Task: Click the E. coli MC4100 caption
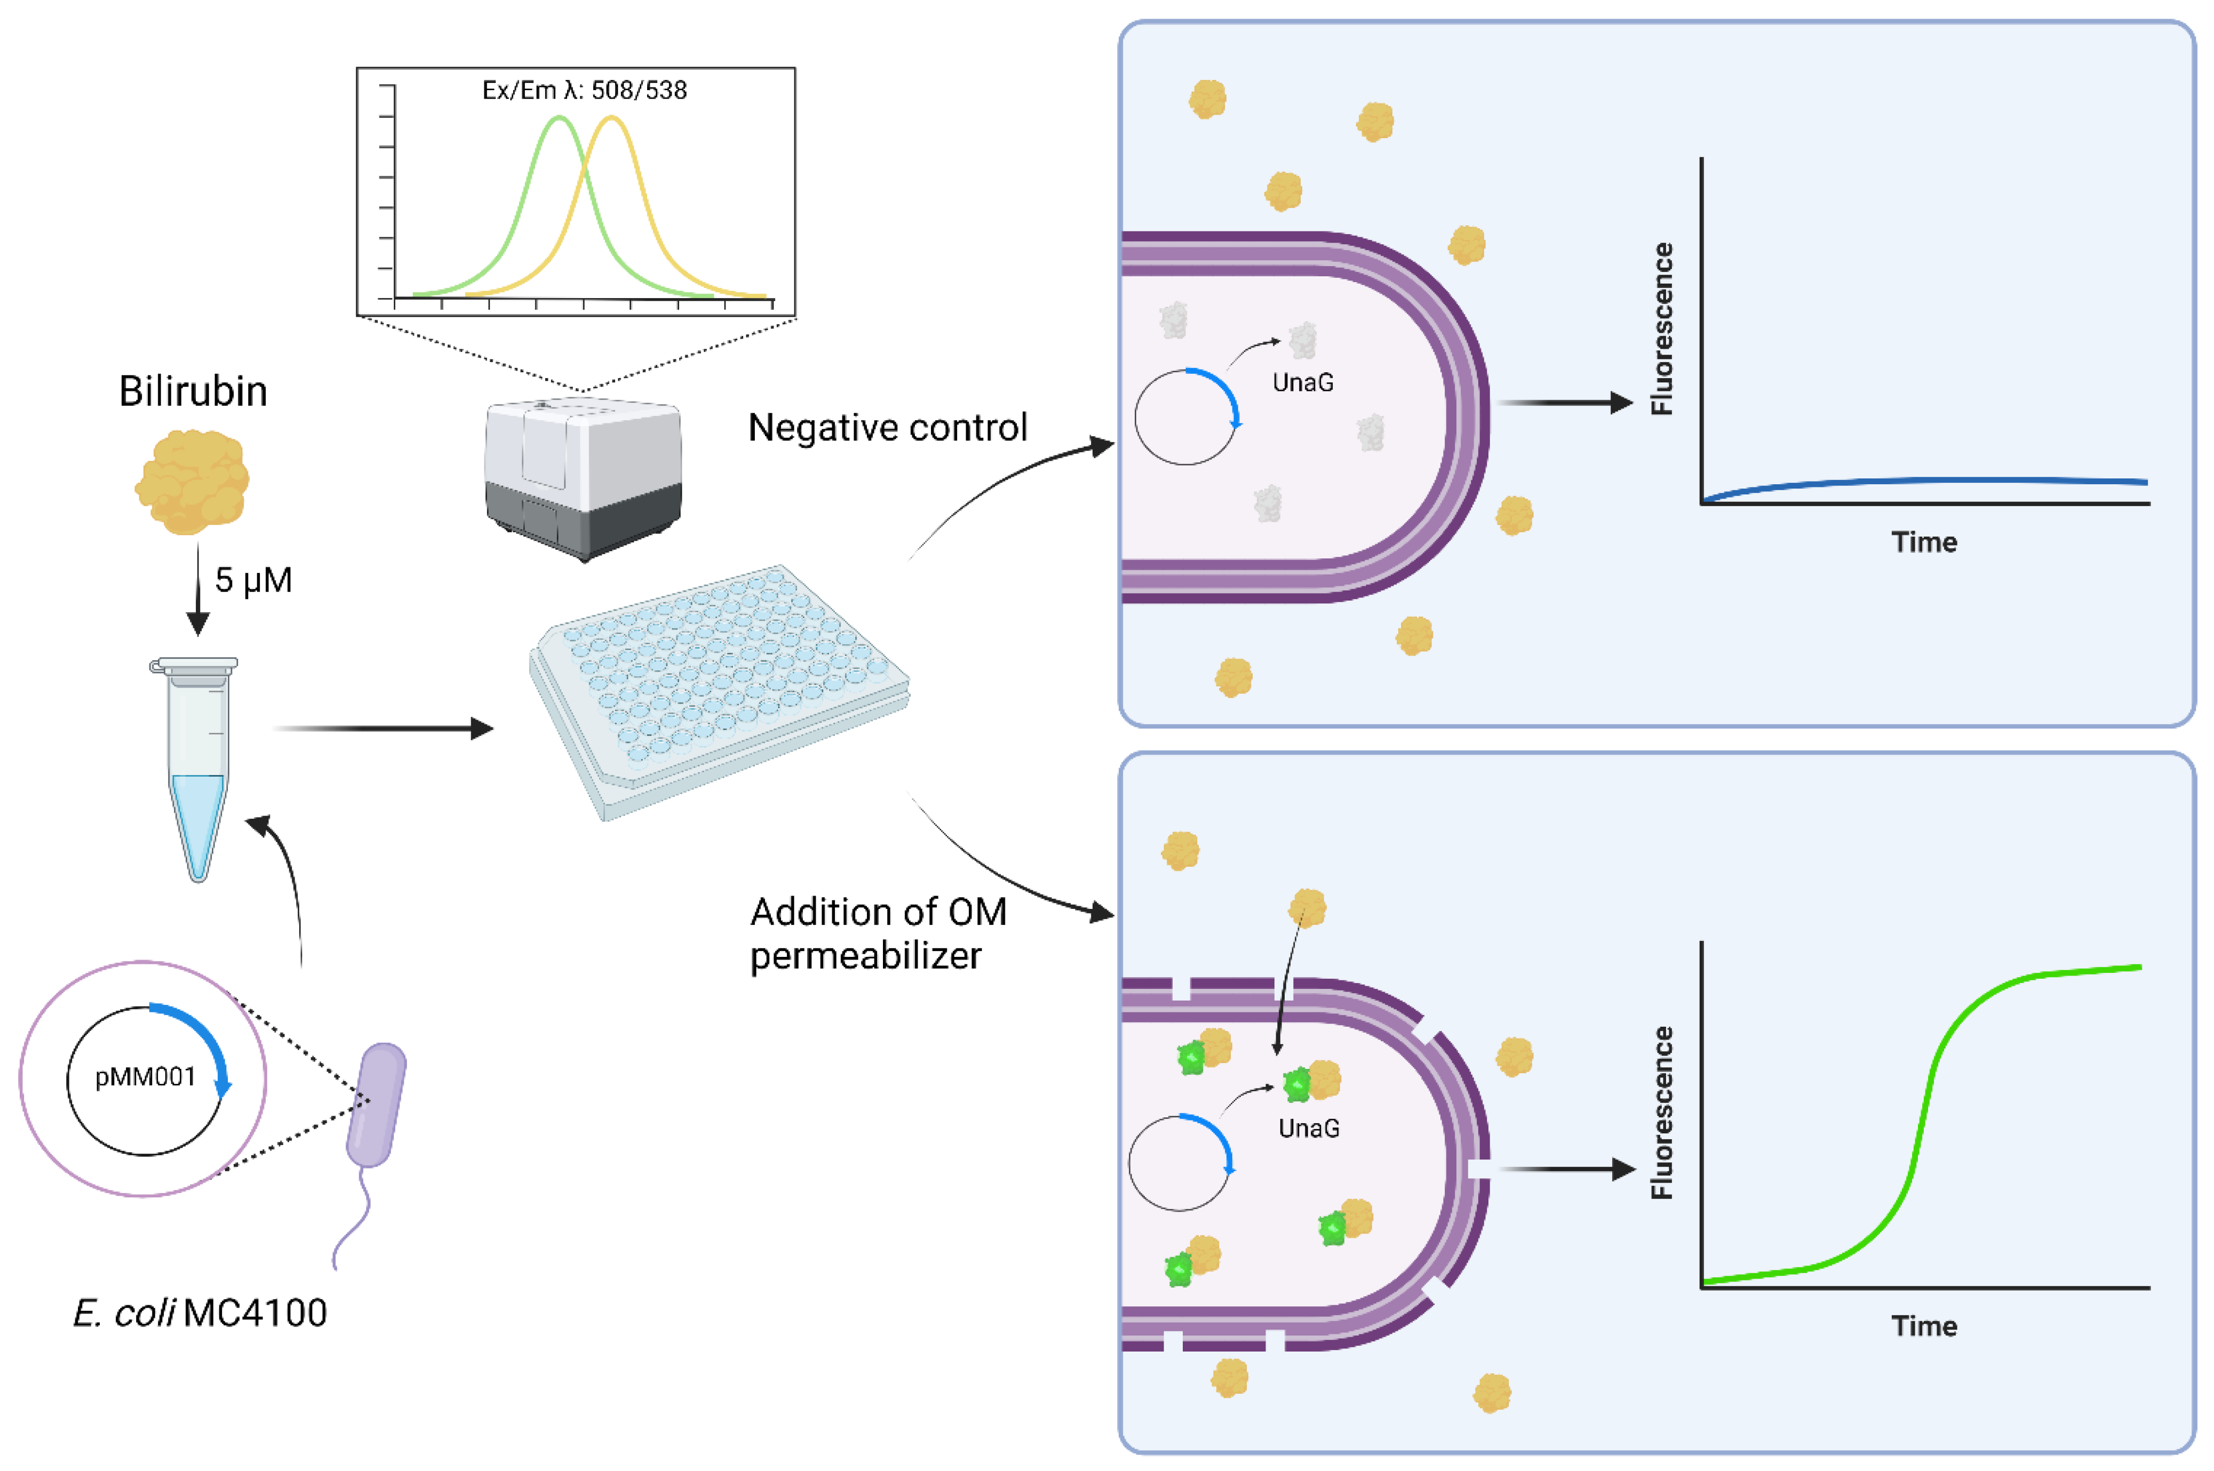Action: [200, 1313]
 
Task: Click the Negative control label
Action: [888, 428]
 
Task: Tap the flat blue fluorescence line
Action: [1923, 481]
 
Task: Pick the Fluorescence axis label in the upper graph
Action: [1661, 329]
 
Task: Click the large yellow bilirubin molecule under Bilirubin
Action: [193, 481]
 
